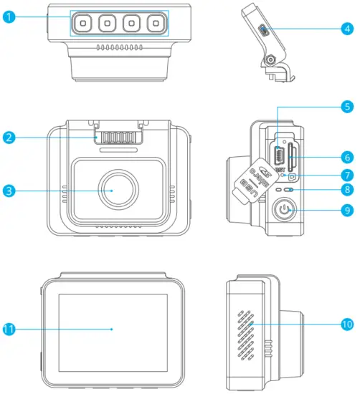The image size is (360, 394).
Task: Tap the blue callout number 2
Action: (9, 137)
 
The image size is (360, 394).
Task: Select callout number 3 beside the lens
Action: (9, 191)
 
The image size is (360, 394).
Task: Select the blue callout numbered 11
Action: (9, 329)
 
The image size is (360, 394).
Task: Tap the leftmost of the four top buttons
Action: (83, 24)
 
